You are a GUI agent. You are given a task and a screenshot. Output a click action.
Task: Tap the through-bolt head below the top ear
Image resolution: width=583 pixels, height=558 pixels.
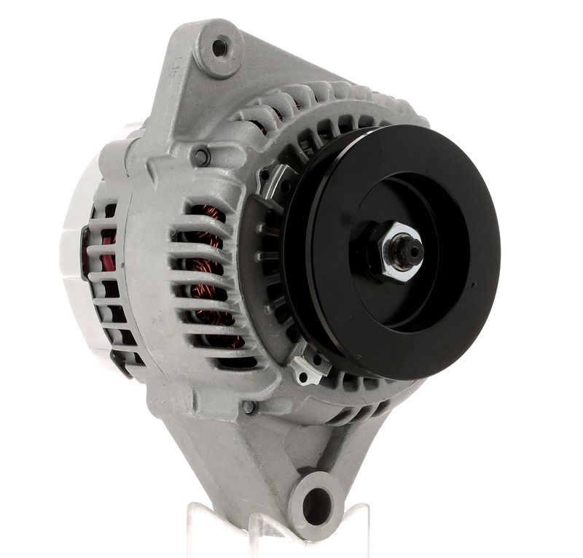tap(201, 155)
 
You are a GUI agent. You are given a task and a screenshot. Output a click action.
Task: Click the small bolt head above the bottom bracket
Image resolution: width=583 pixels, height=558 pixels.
tap(249, 407)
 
